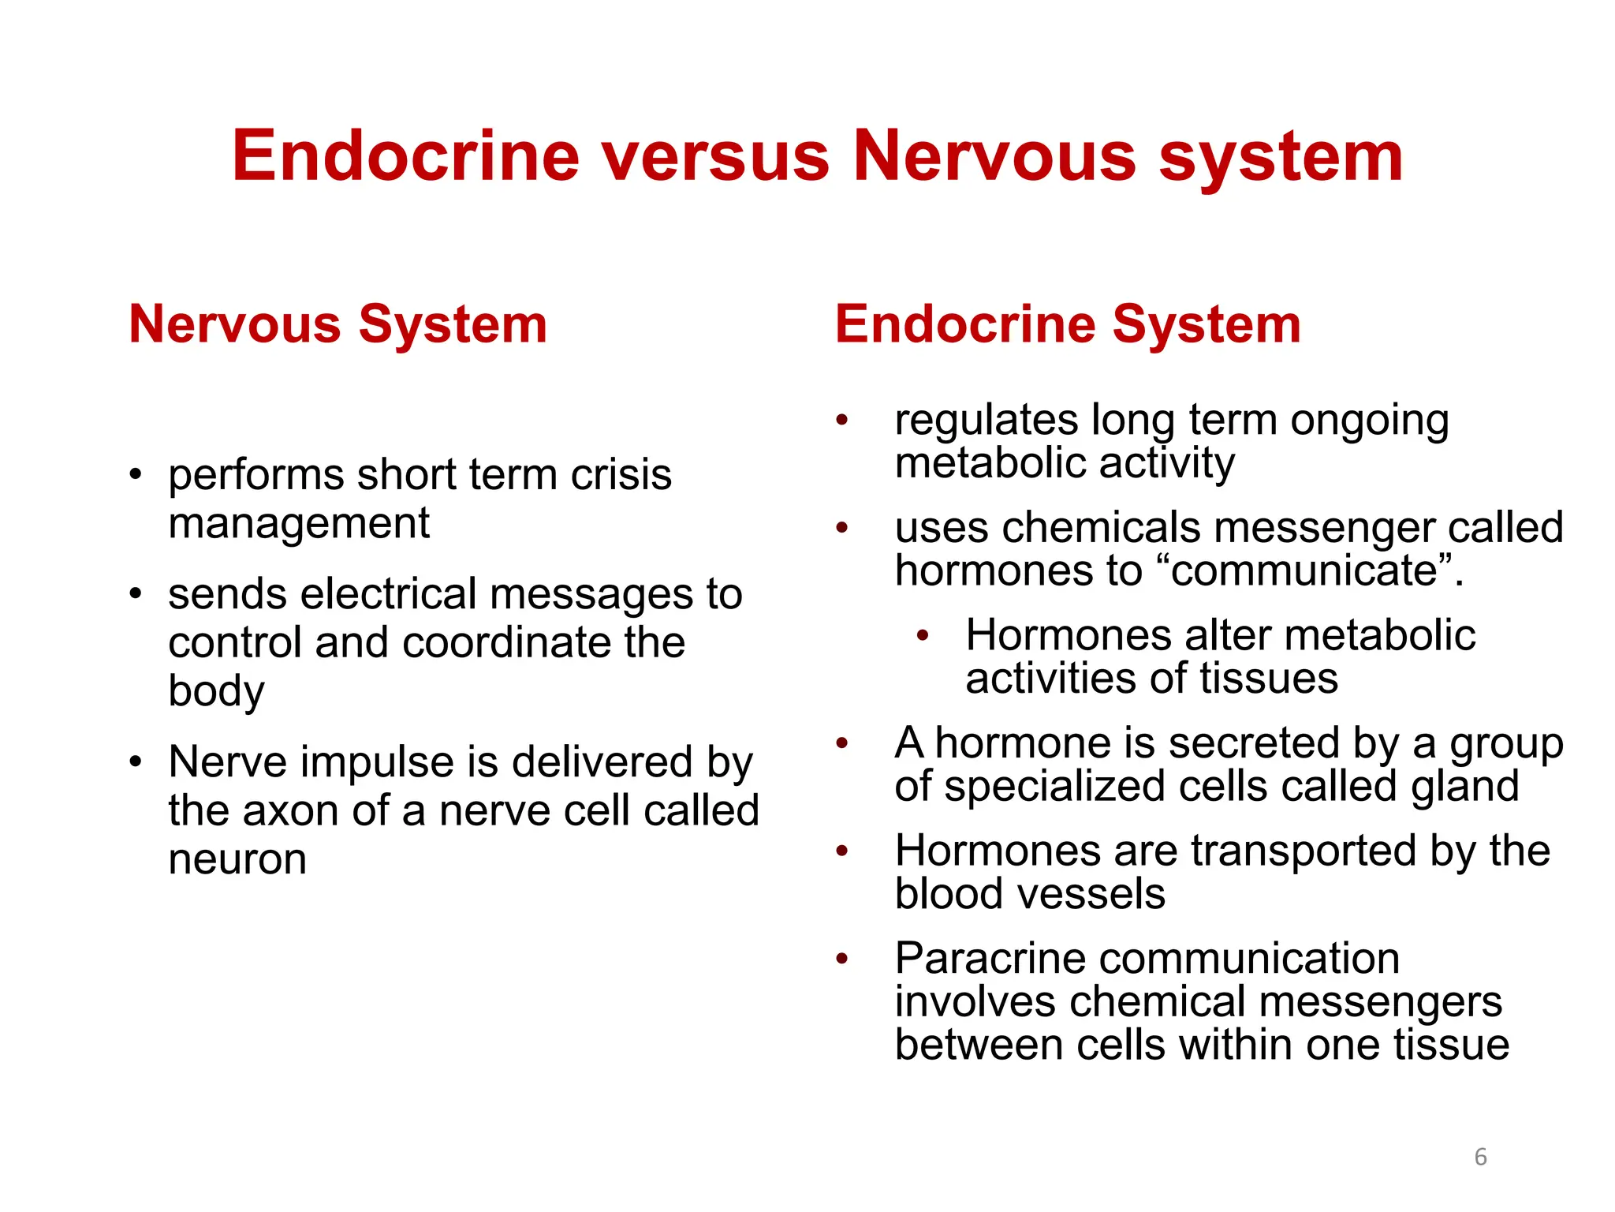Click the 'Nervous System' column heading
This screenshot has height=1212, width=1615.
click(338, 324)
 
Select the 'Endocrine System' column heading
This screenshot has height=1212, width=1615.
click(1068, 324)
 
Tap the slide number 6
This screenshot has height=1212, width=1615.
click(1480, 1157)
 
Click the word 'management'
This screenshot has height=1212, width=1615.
click(299, 523)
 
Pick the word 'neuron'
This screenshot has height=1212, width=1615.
click(237, 859)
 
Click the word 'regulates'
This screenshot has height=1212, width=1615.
click(986, 420)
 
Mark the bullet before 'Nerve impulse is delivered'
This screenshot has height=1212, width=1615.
click(136, 762)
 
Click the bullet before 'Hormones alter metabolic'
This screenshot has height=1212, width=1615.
click(923, 635)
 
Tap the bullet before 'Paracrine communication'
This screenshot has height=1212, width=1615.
click(842, 959)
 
